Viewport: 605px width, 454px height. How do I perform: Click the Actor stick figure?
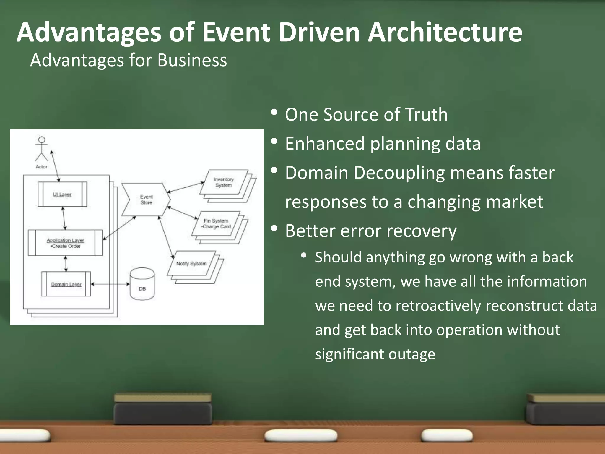(42, 149)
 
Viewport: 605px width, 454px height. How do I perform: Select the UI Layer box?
(62, 194)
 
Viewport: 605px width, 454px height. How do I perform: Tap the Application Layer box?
(65, 243)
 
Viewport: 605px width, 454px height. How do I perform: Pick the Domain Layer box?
(66, 284)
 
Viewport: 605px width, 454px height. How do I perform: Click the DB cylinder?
(142, 284)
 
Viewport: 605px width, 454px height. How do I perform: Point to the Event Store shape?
(146, 200)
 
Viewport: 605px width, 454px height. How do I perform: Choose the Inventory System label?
(223, 182)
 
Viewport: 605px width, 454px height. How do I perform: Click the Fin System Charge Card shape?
(216, 224)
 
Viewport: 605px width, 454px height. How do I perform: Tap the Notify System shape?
(191, 263)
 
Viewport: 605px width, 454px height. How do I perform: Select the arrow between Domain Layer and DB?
(110, 284)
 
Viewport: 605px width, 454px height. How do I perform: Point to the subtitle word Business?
(192, 60)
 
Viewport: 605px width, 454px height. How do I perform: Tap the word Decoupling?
(399, 173)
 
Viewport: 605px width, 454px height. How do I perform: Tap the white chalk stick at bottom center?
(301, 436)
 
